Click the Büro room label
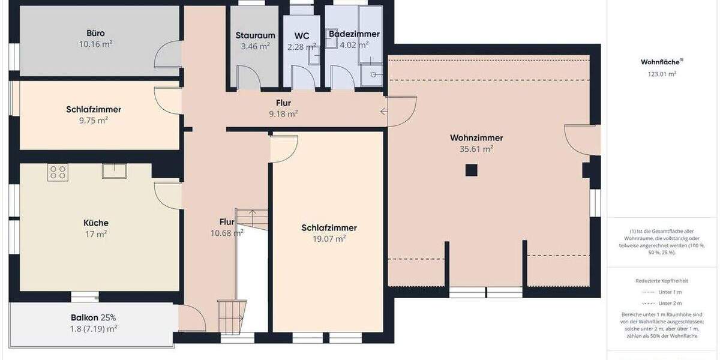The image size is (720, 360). [x=96, y=33]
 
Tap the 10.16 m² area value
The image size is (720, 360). [x=96, y=44]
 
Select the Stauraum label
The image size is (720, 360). [x=255, y=35]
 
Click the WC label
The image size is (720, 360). [x=302, y=35]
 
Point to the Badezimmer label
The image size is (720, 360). [x=354, y=34]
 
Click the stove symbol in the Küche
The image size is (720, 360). [x=58, y=173]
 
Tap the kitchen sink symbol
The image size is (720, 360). [x=113, y=170]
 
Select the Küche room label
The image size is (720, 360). [x=96, y=223]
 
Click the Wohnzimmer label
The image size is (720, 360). [x=476, y=138]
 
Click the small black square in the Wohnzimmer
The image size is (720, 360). [x=472, y=170]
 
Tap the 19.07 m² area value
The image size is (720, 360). [x=329, y=239]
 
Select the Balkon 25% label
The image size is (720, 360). [x=93, y=317]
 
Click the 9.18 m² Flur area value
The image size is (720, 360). [x=284, y=113]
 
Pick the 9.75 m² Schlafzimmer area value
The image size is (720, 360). [x=94, y=120]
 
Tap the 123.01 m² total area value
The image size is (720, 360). [x=662, y=74]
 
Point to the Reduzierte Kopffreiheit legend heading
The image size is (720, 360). [x=661, y=281]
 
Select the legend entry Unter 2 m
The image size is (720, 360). [x=669, y=303]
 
